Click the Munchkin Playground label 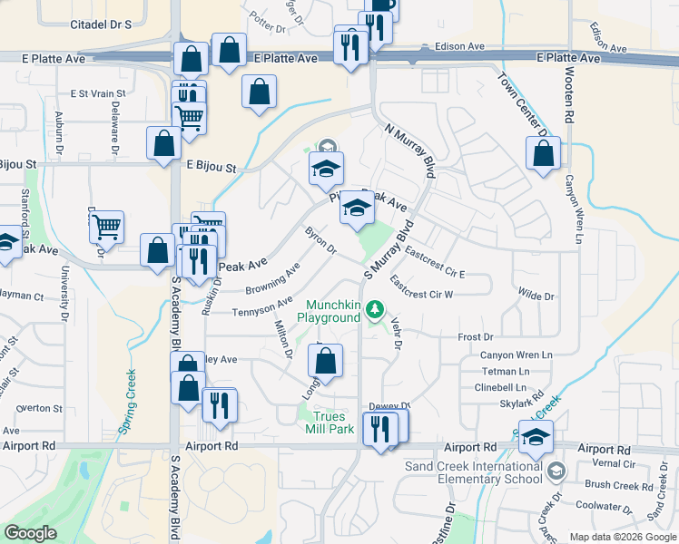tap(331, 311)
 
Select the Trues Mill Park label tap(328, 423)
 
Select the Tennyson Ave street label tap(262, 307)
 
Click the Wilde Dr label tap(536, 296)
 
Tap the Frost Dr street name tap(476, 336)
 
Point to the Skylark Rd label tap(521, 402)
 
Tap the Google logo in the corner tap(30, 533)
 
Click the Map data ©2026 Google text tap(622, 537)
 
